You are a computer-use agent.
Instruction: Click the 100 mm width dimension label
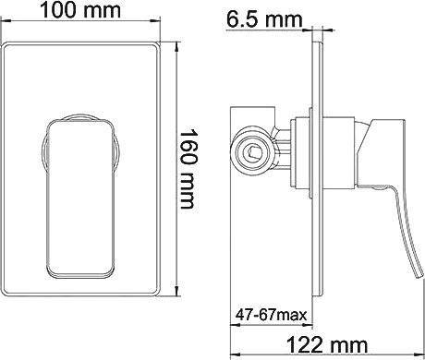80,10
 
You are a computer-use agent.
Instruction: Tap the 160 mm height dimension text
188,169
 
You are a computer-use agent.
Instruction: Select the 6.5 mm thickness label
264,20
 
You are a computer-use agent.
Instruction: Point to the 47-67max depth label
272,315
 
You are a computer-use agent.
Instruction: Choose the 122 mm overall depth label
327,345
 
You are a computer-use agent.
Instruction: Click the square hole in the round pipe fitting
253,152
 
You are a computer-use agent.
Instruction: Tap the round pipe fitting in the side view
252,152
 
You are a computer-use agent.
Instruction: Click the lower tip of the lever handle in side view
419,276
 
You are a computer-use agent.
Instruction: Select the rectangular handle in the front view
80,198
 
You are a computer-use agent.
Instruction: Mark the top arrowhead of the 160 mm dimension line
176,46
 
